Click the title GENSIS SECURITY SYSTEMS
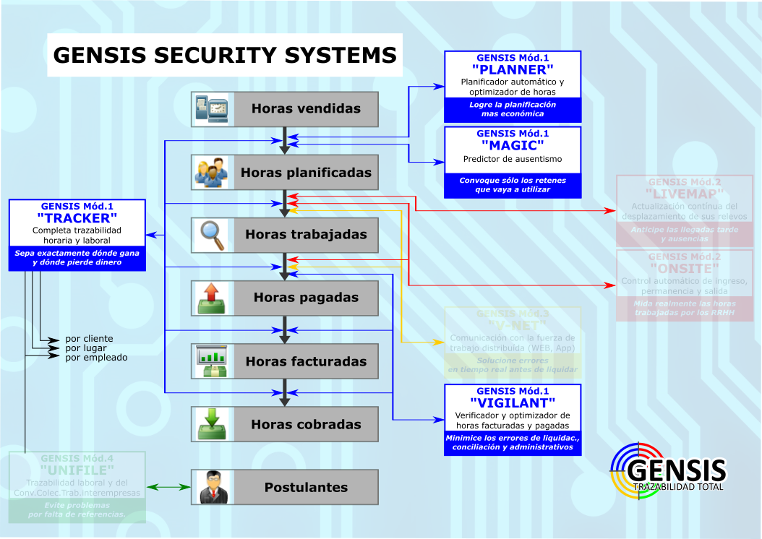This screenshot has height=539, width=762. pyautogui.click(x=225, y=56)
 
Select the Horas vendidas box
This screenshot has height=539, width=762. pyautogui.click(x=285, y=109)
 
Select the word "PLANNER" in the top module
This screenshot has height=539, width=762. pyautogui.click(x=513, y=70)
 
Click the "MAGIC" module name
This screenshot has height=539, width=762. pyautogui.click(x=513, y=146)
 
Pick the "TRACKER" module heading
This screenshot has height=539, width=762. pyautogui.click(x=77, y=217)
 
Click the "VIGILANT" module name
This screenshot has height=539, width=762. pyautogui.click(x=513, y=403)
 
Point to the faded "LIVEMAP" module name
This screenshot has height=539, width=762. pyautogui.click(x=684, y=195)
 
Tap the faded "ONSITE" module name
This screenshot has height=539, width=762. pyautogui.click(x=684, y=269)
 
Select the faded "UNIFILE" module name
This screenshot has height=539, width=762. pyautogui.click(x=77, y=470)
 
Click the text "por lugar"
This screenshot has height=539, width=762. pyautogui.click(x=86, y=348)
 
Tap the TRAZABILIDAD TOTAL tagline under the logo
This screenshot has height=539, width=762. pyautogui.click(x=678, y=486)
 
